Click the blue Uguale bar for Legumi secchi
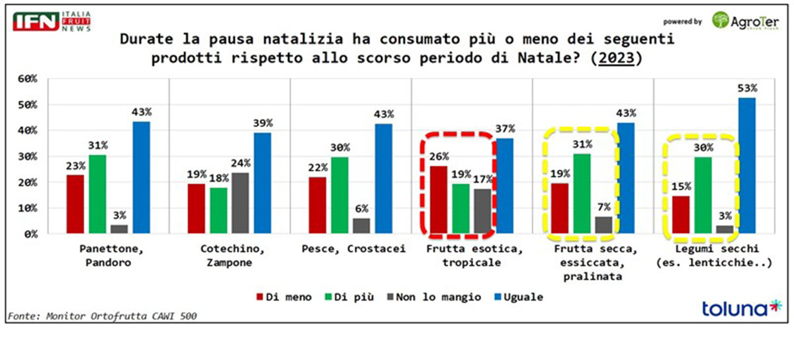point(746,165)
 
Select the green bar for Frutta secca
point(582,194)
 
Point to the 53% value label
point(746,89)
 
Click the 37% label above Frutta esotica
point(504,128)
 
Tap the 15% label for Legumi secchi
point(680,187)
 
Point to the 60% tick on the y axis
point(28,79)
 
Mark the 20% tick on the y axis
point(28,182)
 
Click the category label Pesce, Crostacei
point(351,249)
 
